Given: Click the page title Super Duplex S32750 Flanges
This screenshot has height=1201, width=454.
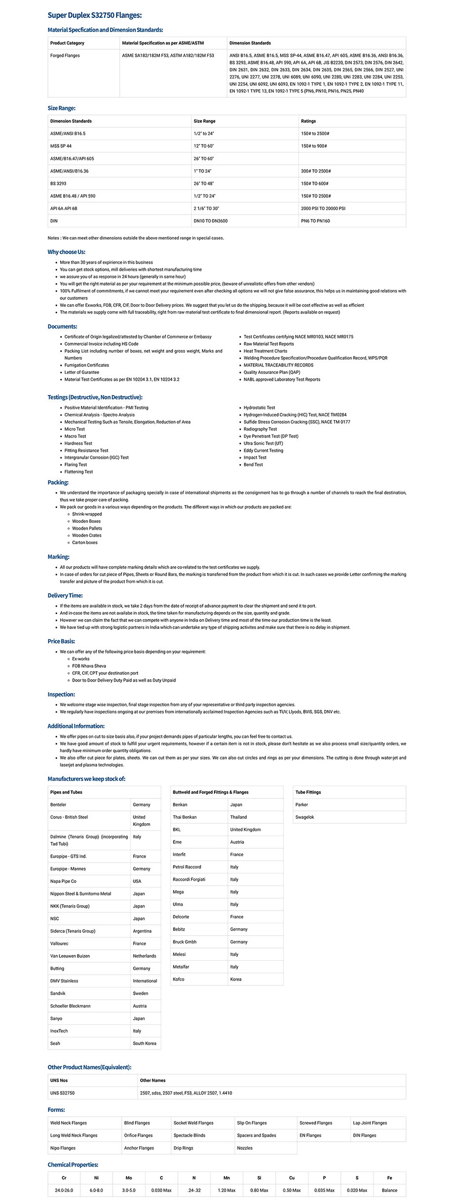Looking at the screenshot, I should (x=94, y=15).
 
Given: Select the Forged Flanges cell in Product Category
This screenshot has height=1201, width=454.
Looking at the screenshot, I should (x=65, y=56).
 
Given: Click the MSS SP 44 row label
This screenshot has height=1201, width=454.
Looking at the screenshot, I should (x=61, y=146).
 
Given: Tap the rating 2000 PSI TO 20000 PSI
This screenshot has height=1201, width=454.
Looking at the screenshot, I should (x=323, y=209).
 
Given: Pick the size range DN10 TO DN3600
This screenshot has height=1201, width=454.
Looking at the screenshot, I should (x=210, y=221).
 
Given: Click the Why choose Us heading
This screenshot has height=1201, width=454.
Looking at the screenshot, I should (x=66, y=252).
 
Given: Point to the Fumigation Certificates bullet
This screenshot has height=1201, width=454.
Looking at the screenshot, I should (x=86, y=365).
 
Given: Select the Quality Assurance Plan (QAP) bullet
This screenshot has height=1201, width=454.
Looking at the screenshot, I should (x=271, y=372).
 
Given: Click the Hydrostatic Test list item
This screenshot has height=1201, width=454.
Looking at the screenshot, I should (x=259, y=408).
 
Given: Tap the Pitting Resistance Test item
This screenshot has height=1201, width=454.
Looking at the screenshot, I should (x=86, y=451).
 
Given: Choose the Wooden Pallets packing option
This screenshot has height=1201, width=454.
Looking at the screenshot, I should (x=87, y=529).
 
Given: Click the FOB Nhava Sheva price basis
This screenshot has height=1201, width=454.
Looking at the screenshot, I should (x=89, y=666).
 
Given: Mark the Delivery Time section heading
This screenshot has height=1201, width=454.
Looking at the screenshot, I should (x=65, y=596).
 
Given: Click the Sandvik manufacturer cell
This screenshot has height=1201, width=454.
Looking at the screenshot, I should (x=58, y=993).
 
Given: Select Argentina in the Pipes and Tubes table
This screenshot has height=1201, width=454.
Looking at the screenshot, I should (x=142, y=931).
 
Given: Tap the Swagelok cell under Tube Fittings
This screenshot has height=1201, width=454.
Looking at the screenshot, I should (x=304, y=817).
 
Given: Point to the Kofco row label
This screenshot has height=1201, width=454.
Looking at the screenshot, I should (x=178, y=980).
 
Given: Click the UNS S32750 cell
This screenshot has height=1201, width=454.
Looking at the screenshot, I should (x=62, y=1093).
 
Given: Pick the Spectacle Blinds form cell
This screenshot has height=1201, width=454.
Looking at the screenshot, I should (x=190, y=1135).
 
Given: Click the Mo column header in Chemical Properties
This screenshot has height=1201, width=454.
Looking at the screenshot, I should (x=129, y=1178).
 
